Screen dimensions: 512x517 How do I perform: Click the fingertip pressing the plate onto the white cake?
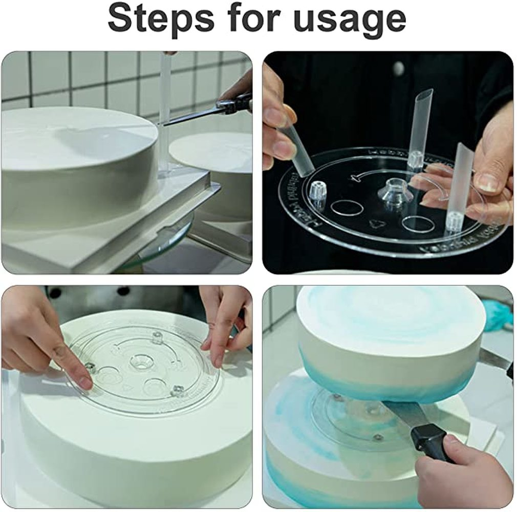tap(84, 381)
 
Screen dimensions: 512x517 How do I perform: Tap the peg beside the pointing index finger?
tap(91, 368)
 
